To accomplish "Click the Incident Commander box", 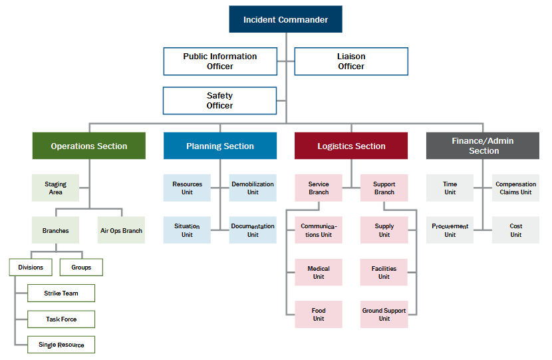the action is (x=285, y=19).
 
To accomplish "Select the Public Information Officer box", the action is (x=220, y=61).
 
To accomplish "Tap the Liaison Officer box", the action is (x=351, y=61).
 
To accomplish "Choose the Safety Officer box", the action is (x=219, y=100).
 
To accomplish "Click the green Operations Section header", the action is (x=88, y=146).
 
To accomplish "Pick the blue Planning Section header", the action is (x=220, y=146).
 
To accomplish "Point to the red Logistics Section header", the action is (x=351, y=146).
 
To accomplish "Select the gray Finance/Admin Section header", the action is (x=483, y=146).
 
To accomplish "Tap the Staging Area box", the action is (x=55, y=188).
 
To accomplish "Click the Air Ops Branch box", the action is (x=121, y=230).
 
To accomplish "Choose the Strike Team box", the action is (x=61, y=293).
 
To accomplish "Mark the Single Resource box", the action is (x=61, y=345).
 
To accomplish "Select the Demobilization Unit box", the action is (x=253, y=188).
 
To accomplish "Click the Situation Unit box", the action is (x=187, y=230).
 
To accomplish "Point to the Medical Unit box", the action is (x=319, y=272).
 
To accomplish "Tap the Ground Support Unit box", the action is (x=384, y=314).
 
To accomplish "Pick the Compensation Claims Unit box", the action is (x=515, y=188).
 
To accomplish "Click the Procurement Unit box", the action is (x=450, y=230).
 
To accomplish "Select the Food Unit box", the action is (x=319, y=314).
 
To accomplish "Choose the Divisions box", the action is (x=31, y=268).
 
